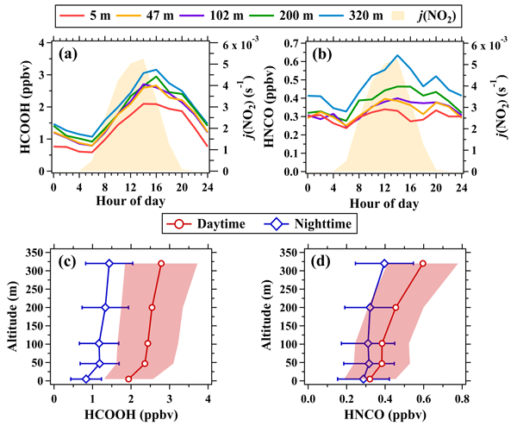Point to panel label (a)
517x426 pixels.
coord(72,53)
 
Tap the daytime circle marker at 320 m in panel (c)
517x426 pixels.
coord(161,263)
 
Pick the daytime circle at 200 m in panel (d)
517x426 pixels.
coord(396,307)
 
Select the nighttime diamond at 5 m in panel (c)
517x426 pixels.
coord(85,379)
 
